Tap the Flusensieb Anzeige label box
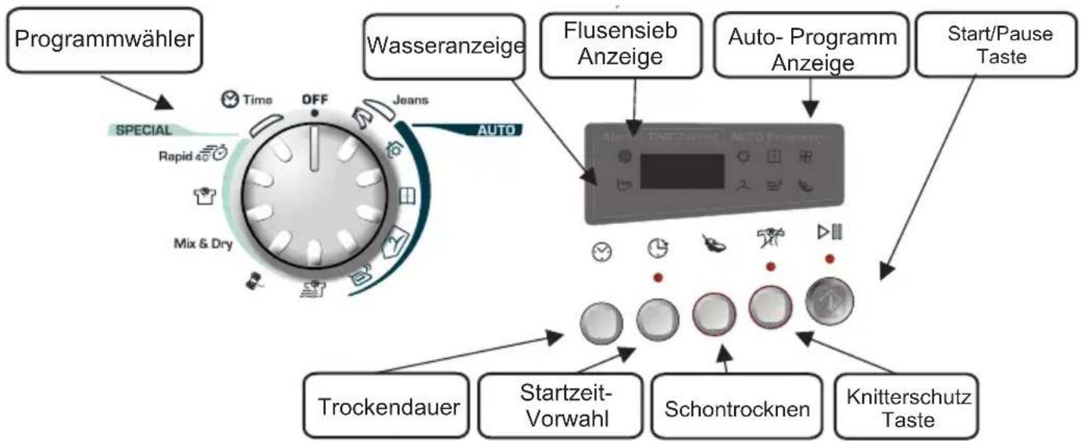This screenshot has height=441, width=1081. pos(620,44)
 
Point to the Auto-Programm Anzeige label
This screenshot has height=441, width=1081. pos(812,49)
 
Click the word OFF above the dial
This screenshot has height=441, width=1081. pos(315,99)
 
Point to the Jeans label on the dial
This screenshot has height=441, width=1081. pos(409,100)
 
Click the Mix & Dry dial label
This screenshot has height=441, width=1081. pos(200,243)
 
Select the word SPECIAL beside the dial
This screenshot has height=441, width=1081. pos(139,130)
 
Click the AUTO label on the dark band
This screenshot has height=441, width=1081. pos(497,130)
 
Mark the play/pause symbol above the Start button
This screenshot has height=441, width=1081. pos(829,232)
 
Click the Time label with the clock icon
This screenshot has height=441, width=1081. pos(247,100)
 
